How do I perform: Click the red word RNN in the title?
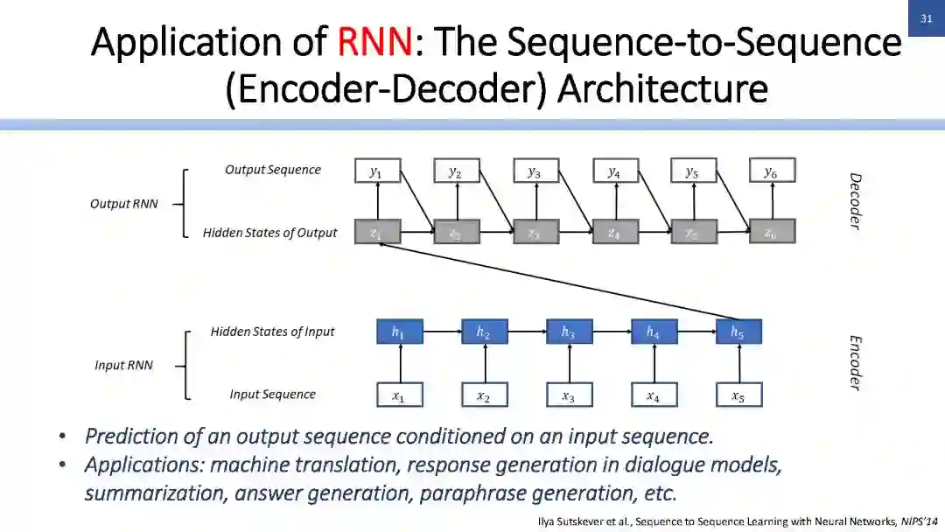point(374,41)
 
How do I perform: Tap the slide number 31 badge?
point(926,18)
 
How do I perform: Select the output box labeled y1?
point(376,171)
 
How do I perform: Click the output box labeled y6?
point(771,171)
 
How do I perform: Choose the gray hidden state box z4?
point(614,232)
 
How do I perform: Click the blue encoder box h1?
point(399,332)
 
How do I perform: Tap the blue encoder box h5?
point(738,332)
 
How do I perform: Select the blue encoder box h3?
point(569,332)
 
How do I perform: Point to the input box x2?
point(484,395)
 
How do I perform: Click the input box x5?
point(738,395)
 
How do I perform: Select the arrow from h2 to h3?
point(526,332)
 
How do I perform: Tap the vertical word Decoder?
point(856,201)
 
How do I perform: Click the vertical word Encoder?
point(856,362)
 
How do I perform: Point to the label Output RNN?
point(123,204)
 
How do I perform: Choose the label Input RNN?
point(123,365)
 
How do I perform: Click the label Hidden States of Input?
point(272,332)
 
